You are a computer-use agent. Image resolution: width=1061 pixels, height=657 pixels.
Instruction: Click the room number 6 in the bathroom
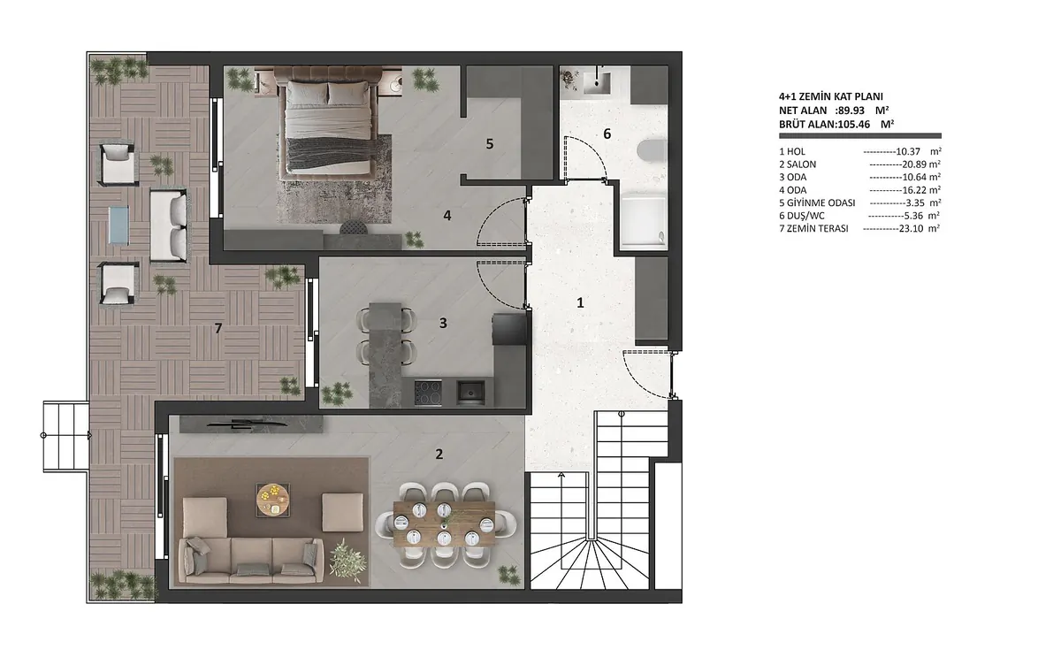click(607, 134)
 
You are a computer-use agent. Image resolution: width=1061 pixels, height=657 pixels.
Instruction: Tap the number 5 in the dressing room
click(490, 143)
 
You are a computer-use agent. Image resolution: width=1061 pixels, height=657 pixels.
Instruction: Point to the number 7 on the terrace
click(218, 328)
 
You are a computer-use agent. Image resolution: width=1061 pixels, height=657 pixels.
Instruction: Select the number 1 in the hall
click(580, 302)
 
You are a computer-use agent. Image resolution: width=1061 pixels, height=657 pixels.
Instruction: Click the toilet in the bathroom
click(653, 149)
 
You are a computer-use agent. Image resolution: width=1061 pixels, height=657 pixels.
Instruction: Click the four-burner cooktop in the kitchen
click(428, 393)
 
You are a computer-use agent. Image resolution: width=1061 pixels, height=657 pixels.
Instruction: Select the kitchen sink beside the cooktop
click(470, 393)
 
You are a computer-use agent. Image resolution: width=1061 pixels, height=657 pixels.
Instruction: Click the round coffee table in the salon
click(273, 500)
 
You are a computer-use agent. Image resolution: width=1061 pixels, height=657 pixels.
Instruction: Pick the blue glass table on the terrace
click(118, 225)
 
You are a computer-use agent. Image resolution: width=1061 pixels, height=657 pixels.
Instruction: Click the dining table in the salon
click(444, 523)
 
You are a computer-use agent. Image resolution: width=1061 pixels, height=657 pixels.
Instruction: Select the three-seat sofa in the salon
click(251, 562)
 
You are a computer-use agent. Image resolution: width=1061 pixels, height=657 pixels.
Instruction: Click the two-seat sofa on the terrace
click(169, 225)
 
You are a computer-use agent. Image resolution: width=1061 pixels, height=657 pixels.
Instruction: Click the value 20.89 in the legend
click(914, 164)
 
